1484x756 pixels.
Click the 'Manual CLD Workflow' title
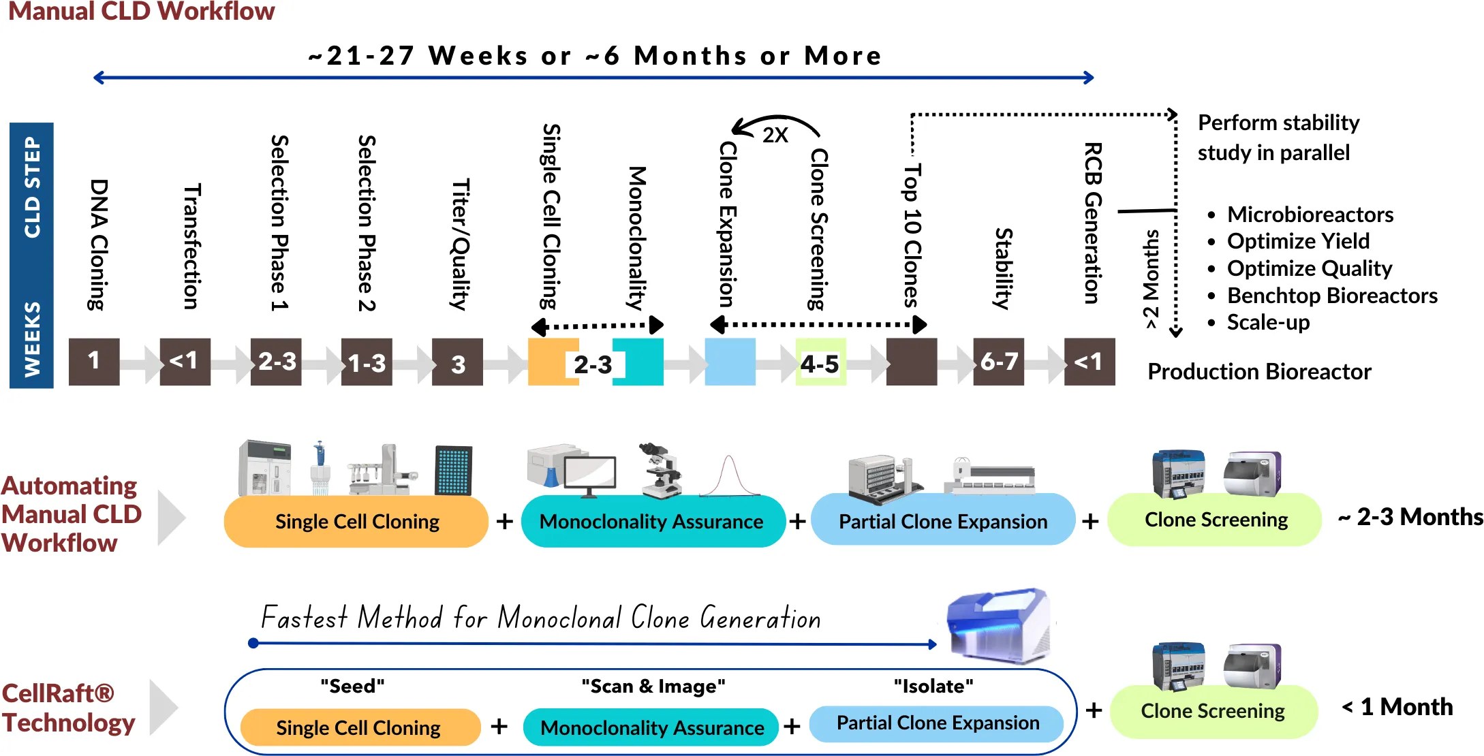[x=141, y=12]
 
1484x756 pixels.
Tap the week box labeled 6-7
[x=998, y=362]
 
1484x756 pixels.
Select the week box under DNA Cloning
[x=94, y=362]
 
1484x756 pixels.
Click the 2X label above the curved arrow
[x=775, y=135]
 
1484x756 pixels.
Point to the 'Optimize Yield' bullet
[x=1297, y=241]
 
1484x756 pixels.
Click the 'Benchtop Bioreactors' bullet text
[x=1331, y=296]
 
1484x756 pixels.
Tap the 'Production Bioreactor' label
[x=1259, y=372]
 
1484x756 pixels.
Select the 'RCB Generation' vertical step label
[x=1092, y=223]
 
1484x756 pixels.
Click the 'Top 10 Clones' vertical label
[x=912, y=235]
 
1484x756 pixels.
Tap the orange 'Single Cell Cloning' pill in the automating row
[x=356, y=522]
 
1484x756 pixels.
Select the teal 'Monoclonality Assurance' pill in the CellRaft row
[x=651, y=727]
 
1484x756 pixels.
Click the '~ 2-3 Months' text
[x=1410, y=518]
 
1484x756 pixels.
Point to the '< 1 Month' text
[x=1397, y=707]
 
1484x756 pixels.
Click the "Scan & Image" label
[x=653, y=686]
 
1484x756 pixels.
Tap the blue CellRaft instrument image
[x=999, y=625]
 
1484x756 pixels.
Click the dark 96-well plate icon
[x=453, y=470]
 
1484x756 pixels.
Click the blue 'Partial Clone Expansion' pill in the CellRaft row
[x=938, y=723]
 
